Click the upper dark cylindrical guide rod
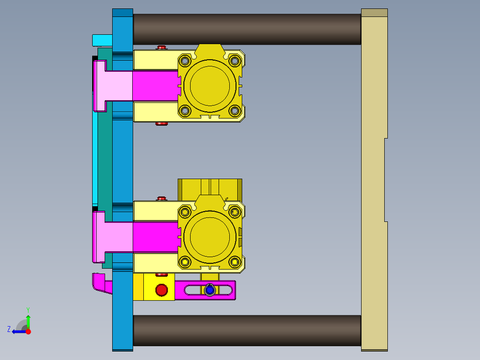pyautogui.click(x=247, y=29)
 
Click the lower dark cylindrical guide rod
pyautogui.click(x=247, y=330)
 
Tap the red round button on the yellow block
pyautogui.click(x=161, y=290)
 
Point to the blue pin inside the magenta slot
pyautogui.click(x=210, y=290)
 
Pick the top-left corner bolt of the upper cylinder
pyautogui.click(x=184, y=60)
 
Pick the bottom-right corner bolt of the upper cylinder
pyautogui.click(x=235, y=111)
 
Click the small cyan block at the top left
pyautogui.click(x=102, y=40)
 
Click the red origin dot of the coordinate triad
pyautogui.click(x=28, y=331)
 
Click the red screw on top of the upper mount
pyautogui.click(x=161, y=47)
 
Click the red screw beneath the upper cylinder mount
pyautogui.click(x=161, y=123)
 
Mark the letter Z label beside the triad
pyautogui.click(x=9, y=329)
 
